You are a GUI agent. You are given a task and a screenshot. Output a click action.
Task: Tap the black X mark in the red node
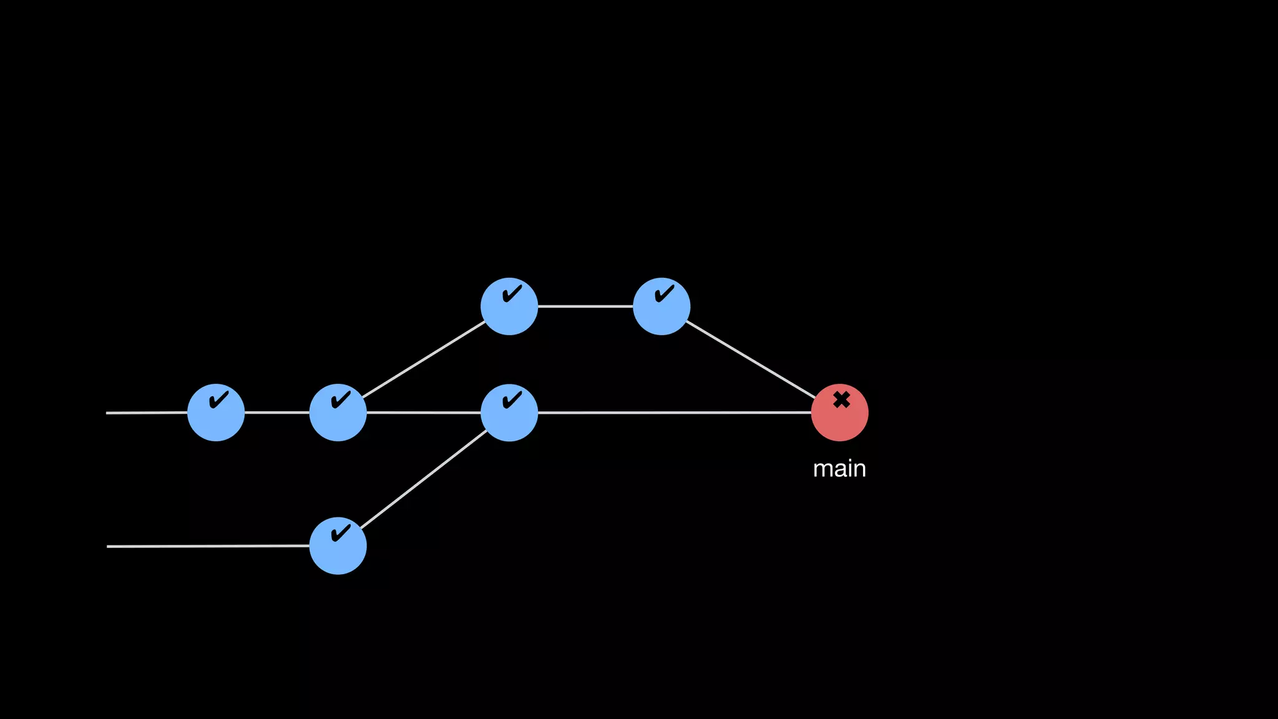[x=841, y=399]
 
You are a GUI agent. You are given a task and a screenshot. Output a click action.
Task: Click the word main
[x=839, y=469]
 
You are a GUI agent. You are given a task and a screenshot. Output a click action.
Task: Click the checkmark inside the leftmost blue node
[x=218, y=400]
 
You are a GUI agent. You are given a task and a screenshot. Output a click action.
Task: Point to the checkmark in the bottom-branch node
[x=341, y=533]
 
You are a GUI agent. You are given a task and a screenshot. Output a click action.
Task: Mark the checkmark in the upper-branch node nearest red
[x=665, y=293]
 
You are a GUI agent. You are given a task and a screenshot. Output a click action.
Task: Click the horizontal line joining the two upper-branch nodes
[x=585, y=306]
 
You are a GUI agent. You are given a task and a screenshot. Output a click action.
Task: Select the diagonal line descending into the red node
[x=751, y=359]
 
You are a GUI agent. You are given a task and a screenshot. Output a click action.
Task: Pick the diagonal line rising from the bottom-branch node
[x=424, y=479]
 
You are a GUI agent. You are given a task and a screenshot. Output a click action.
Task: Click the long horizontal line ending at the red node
[x=674, y=413]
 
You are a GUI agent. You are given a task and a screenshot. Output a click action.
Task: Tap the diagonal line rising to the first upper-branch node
[x=424, y=359]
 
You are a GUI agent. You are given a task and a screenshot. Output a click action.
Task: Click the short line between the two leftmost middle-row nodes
[x=277, y=413]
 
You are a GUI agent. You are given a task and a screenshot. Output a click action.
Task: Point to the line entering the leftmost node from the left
[x=147, y=413]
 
